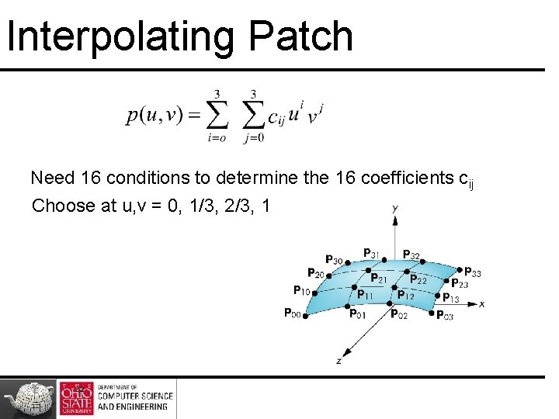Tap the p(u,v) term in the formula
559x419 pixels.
coord(153,116)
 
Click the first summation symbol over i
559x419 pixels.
coord(217,116)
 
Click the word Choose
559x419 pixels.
coord(62,206)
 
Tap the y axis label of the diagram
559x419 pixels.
coord(395,208)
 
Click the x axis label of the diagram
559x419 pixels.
coord(482,304)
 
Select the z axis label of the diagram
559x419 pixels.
coord(339,361)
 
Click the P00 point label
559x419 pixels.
coord(292,313)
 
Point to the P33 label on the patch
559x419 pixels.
coord(472,272)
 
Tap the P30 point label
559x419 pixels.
coord(334,259)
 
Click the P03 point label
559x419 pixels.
coord(445,315)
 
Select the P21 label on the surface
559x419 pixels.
coord(379,278)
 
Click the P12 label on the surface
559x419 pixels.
coord(405,295)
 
